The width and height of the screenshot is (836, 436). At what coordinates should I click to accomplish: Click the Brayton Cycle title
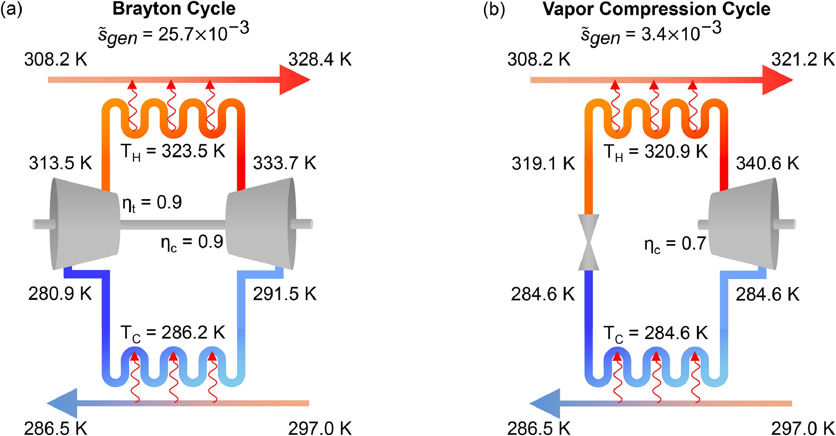(174, 9)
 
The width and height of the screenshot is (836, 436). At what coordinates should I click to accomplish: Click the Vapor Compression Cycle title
(656, 9)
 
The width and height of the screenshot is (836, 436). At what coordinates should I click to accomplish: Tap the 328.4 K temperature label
(320, 60)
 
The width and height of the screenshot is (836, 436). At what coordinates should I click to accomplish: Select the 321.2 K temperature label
(803, 60)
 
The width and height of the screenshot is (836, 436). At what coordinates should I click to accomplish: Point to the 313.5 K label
(60, 163)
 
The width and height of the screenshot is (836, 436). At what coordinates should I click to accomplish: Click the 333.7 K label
(284, 163)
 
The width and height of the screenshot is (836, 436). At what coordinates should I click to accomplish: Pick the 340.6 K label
(767, 163)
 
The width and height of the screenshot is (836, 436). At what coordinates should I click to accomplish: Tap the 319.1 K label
(543, 164)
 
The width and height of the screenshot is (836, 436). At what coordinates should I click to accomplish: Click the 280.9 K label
(60, 294)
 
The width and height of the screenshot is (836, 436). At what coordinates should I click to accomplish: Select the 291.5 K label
(284, 294)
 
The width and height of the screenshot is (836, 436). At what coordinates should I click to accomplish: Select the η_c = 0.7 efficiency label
(675, 244)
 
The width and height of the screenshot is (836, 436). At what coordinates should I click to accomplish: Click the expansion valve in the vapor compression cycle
(589, 242)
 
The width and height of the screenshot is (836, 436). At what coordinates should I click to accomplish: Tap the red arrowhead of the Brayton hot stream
(294, 80)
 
